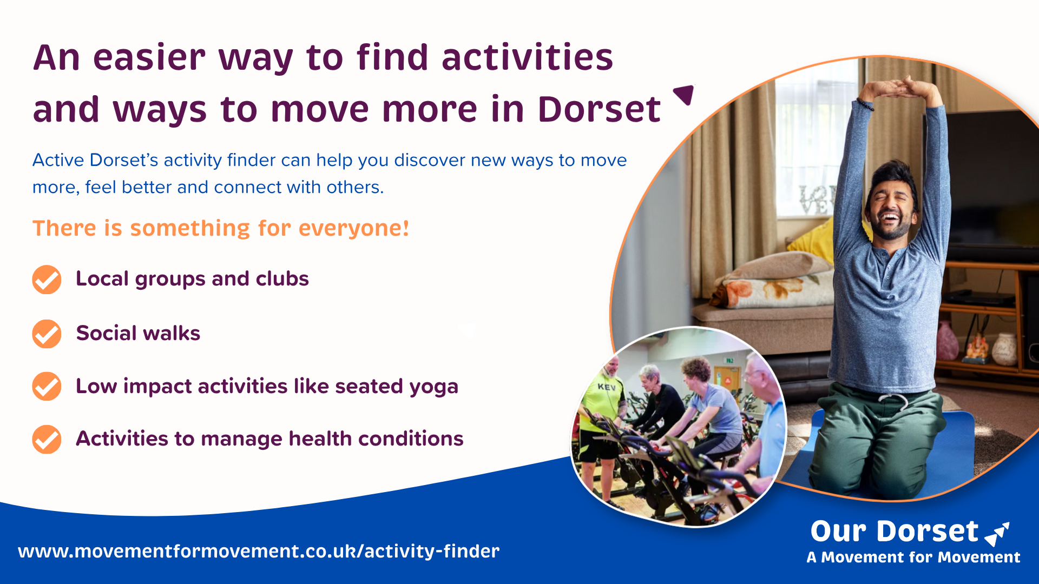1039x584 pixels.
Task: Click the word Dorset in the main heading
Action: (599, 109)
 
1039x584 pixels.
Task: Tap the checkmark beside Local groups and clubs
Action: (47, 280)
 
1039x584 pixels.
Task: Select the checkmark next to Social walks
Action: (47, 334)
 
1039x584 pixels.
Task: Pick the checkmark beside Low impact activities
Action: (47, 386)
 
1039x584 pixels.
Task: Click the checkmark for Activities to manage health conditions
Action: (47, 439)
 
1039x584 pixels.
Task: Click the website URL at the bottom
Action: (259, 551)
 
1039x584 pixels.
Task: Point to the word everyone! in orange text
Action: (354, 228)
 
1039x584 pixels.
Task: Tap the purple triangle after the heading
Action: (684, 95)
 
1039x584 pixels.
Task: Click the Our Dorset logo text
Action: (895, 531)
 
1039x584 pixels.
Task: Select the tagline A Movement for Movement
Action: (913, 557)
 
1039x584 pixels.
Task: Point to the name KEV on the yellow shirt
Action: (607, 387)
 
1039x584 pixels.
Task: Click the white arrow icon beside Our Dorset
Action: (997, 533)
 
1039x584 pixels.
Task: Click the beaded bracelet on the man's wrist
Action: (865, 104)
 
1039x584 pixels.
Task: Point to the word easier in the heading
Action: (149, 57)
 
